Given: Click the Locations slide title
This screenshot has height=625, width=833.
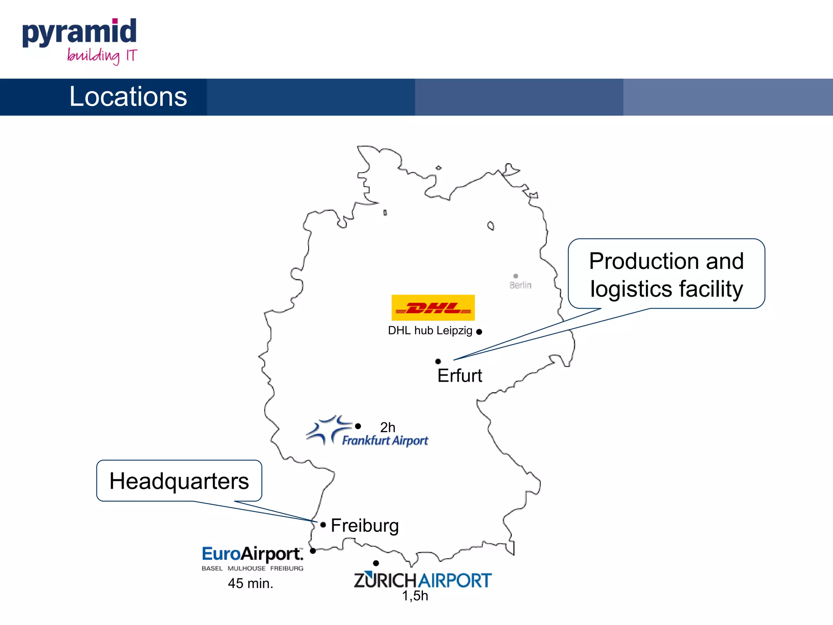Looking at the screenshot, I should point(128,97).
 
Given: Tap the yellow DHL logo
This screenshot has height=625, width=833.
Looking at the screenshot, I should point(433,308).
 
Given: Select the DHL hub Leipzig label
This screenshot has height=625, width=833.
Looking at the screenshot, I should point(430,330).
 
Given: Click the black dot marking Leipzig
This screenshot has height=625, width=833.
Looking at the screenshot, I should point(479,332).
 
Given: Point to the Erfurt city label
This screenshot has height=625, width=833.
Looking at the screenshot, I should point(460,376).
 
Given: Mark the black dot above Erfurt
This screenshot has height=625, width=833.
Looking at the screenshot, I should point(438,361).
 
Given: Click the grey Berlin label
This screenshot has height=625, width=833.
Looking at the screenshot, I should point(520,285).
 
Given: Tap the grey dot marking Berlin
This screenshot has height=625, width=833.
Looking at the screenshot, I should point(516,276).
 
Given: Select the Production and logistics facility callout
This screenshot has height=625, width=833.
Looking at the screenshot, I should point(666,274).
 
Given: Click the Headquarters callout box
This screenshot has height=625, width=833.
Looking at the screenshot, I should point(179,481).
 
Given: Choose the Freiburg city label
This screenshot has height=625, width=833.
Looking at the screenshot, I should point(365,525).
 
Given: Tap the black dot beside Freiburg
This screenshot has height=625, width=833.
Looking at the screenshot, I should point(323,525).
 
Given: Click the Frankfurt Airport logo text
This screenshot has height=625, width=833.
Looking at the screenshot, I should point(385,441).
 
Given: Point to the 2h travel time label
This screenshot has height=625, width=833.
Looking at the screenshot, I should point(388,427).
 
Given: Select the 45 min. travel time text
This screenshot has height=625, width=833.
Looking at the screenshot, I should point(251,583).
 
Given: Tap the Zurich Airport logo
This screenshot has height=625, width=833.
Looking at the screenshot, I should point(423,580).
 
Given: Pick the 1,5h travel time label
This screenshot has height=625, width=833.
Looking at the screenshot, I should point(415,596).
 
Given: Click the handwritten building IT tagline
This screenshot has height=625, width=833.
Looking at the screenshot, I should point(102,56).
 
